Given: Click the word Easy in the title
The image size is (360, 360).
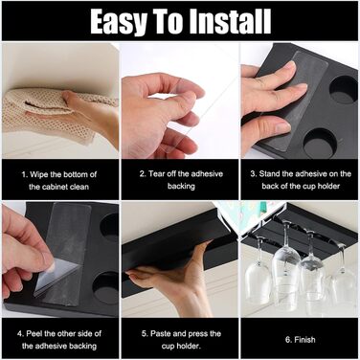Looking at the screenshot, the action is pyautogui.click(x=119, y=22).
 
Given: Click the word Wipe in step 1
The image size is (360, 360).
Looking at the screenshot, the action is pyautogui.click(x=39, y=174).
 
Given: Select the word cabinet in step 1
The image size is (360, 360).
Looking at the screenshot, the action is pyautogui.click(x=55, y=187).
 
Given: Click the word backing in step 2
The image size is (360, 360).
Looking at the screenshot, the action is pyautogui.click(x=181, y=186).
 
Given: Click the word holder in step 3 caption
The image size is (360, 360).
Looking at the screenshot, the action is pyautogui.click(x=327, y=186).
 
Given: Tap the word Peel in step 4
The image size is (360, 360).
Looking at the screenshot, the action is pyautogui.click(x=34, y=334).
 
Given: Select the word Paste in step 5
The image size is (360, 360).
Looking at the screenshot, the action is pyautogui.click(x=161, y=334).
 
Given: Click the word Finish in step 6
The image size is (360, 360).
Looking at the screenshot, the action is pyautogui.click(x=304, y=340).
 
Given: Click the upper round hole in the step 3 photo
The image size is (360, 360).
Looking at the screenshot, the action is pyautogui.click(x=343, y=90).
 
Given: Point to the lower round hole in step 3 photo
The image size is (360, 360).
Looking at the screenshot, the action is pyautogui.click(x=320, y=144).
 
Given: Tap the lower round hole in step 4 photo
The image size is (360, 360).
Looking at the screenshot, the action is pyautogui.click(x=105, y=287).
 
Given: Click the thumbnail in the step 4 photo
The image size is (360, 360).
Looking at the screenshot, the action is pyautogui.click(x=50, y=266).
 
